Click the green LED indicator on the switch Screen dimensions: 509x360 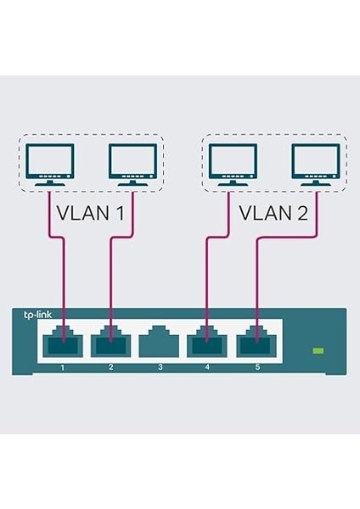(318, 350)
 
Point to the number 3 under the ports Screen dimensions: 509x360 (160, 368)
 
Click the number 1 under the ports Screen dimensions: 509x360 (61, 368)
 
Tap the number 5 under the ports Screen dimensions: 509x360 (257, 368)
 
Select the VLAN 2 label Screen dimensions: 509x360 (273, 211)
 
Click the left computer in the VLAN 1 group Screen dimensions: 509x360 (49, 164)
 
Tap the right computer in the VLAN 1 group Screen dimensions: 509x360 (132, 164)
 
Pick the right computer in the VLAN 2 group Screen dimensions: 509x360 (315, 164)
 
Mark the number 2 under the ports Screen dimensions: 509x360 (110, 368)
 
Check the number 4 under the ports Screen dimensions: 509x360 (209, 368)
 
